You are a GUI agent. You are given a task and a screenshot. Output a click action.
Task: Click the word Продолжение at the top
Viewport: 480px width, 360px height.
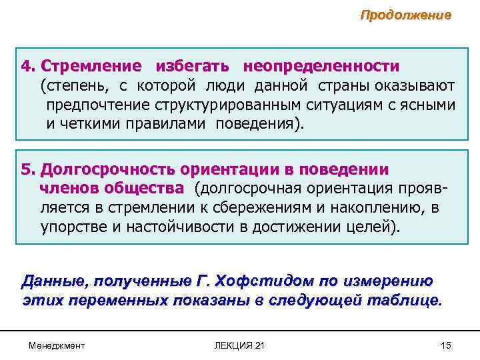pos(405,15)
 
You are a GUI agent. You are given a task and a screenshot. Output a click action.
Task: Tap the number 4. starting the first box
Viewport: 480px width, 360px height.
pos(28,67)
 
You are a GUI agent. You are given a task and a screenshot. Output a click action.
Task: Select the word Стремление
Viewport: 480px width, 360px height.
pos(91,67)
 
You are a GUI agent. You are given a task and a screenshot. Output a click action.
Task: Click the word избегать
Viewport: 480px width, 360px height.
pos(193,67)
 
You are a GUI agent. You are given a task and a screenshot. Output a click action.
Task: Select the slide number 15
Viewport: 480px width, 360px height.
pos(446,345)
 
